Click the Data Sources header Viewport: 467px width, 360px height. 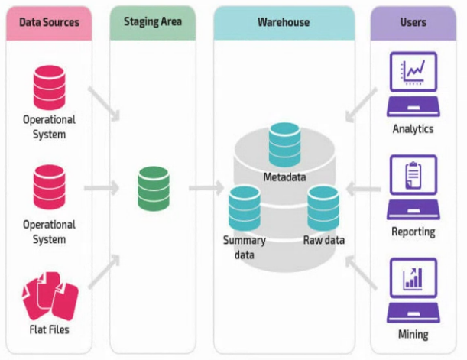49,22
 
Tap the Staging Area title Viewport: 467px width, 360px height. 153,22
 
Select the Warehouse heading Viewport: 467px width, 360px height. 284,22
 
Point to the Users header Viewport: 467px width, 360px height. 413,22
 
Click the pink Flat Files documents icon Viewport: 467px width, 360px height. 50,296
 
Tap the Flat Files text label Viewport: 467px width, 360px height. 49,329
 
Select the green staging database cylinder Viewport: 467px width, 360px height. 154,189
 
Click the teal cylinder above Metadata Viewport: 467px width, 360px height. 284,144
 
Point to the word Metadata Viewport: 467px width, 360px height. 284,177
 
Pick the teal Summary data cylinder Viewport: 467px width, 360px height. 245,209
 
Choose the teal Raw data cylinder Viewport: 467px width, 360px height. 323,209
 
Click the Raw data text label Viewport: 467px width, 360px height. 324,240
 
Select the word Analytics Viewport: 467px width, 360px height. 413,129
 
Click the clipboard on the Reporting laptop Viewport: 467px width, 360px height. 413,175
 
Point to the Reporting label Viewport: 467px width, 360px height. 413,232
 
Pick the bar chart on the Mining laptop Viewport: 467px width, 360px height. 413,278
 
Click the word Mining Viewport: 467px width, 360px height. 413,334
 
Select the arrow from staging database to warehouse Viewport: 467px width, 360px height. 206,188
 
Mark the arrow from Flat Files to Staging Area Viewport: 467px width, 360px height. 104,271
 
